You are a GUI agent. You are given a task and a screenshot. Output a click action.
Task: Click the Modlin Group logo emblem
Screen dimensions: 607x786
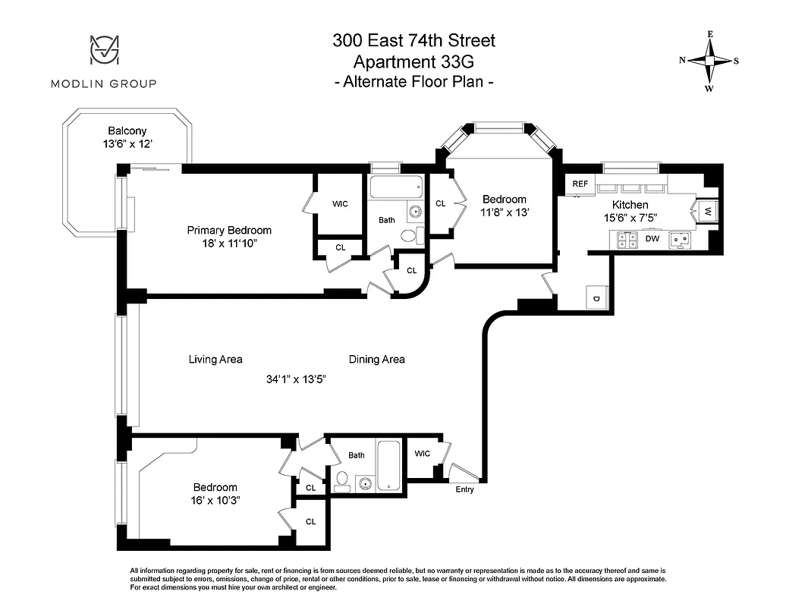103,51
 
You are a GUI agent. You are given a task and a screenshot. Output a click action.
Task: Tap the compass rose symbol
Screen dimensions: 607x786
710,61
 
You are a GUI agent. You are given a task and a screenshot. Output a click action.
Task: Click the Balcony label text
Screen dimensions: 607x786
127,131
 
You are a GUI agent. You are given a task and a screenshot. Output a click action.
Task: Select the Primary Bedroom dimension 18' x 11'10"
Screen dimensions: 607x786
229,244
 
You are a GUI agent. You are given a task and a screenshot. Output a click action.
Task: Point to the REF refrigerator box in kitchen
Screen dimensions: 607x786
580,184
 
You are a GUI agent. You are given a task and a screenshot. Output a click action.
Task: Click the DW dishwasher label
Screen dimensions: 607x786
652,238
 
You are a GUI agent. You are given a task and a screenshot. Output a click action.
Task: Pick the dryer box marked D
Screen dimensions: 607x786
596,298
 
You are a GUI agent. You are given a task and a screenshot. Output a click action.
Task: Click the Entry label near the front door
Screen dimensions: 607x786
464,489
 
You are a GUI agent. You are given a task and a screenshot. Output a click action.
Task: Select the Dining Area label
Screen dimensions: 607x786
376,359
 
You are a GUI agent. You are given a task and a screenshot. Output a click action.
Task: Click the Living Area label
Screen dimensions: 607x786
215,359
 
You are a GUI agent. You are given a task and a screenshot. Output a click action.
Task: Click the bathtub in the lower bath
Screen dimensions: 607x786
388,465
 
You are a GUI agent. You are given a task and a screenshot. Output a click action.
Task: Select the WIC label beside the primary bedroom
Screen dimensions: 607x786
340,204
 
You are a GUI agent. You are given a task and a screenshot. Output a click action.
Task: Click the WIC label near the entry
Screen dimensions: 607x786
423,454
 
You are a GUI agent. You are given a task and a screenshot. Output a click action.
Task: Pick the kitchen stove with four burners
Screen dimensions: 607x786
627,240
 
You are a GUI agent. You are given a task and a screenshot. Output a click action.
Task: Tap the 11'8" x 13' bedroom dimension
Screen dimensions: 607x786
504,213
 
